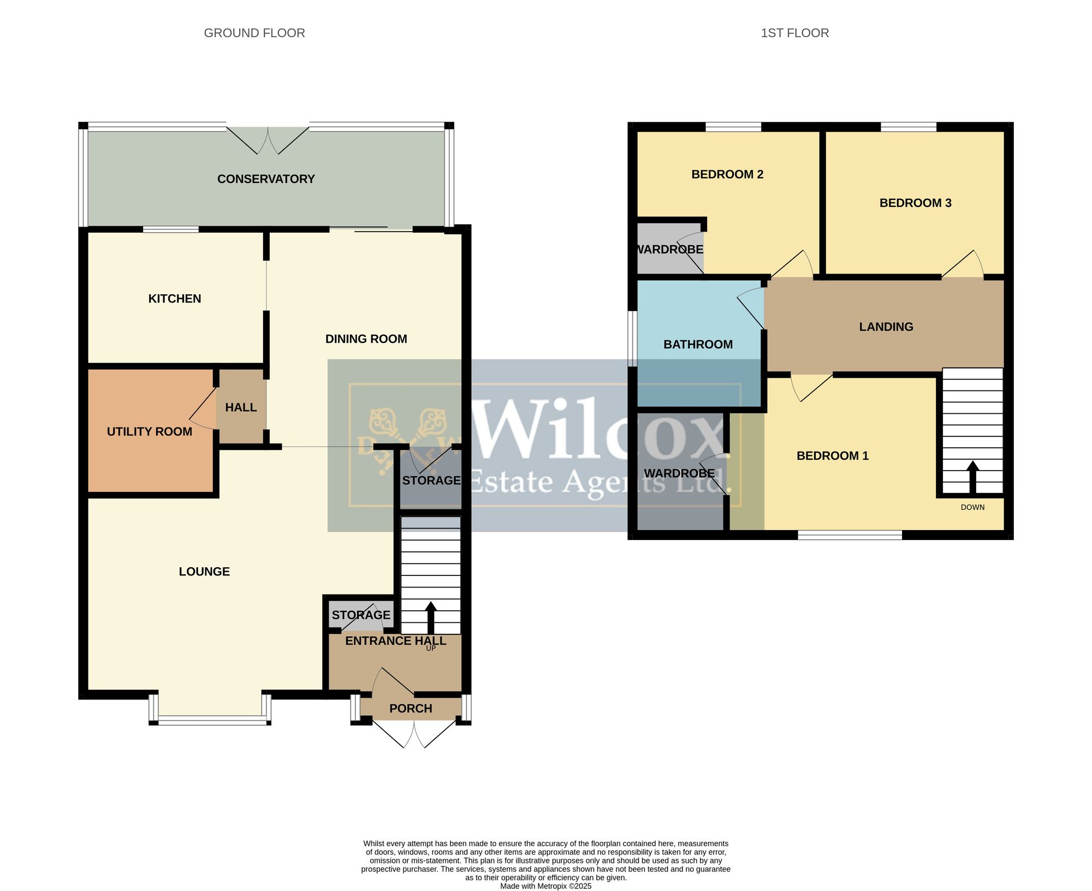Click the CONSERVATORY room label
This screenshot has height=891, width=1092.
click(266, 179)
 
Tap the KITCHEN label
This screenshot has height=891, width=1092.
click(175, 299)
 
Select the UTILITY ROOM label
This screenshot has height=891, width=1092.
click(150, 432)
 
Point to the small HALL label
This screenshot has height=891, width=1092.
click(241, 407)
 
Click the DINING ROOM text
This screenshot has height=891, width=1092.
click(366, 339)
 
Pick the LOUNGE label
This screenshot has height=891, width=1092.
click(204, 572)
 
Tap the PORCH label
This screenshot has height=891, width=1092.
click(411, 709)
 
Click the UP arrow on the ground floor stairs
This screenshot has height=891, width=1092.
click(431, 618)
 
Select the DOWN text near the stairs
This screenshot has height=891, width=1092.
click(972, 507)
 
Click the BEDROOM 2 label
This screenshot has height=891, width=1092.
click(727, 175)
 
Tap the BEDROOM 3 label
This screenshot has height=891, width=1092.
click(915, 203)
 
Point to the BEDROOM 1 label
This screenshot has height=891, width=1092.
click(832, 456)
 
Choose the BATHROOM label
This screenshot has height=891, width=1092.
click(698, 344)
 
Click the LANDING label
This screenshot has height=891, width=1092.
click(886, 327)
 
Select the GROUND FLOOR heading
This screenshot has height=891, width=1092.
click(254, 33)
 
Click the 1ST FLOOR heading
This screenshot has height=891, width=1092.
click(794, 33)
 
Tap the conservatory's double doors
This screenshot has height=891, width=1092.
click(268, 140)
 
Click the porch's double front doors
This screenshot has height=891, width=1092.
click(414, 734)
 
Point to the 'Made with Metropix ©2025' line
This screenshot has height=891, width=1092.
click(545, 886)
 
